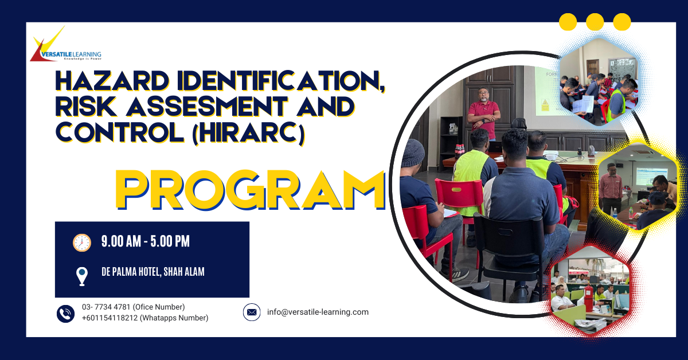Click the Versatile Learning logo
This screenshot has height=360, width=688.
pos(65,45)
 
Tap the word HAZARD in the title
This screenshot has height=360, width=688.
pos(112,80)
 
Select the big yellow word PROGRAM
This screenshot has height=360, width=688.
pos(251,190)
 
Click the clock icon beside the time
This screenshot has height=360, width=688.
pos(82,242)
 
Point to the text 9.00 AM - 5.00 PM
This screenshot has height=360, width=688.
pos(146,241)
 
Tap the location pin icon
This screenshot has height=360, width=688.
pos(82,276)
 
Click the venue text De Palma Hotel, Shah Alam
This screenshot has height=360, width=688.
pos(153,272)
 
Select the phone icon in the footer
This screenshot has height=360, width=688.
pos(65,314)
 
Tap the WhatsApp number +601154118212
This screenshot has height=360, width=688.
pos(110,318)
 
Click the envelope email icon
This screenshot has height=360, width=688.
pos(252,312)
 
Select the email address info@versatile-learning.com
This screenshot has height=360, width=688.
pos(318,312)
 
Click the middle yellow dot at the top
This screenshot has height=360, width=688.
pos(595,22)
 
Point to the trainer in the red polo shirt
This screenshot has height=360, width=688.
pos(484,114)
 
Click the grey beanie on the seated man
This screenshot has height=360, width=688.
pos(412,153)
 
